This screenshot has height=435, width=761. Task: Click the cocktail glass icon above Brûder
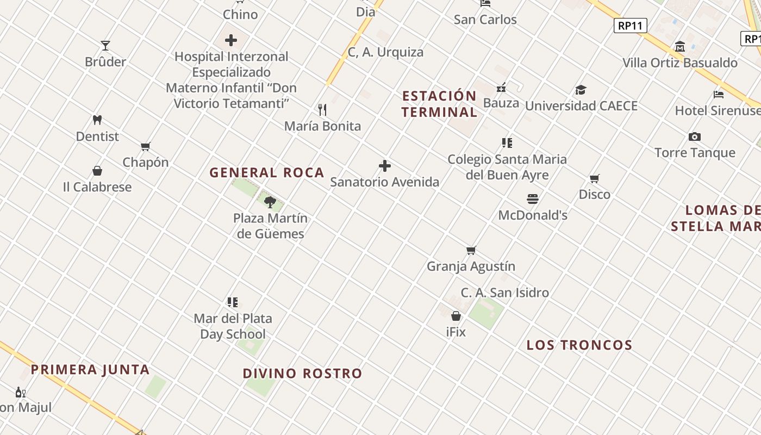(x=105, y=45)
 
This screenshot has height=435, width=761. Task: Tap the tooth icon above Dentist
(x=97, y=120)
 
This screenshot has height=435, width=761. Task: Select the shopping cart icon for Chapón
(x=145, y=146)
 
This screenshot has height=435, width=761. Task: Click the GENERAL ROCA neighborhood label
(x=267, y=173)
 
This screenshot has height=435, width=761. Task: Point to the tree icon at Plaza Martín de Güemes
(x=270, y=202)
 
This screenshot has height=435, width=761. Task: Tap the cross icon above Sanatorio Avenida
(x=385, y=166)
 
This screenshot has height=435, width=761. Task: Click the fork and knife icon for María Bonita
(x=322, y=110)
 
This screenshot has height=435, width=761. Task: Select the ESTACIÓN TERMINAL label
(x=439, y=104)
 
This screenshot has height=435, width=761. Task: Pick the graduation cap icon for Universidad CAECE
(x=581, y=90)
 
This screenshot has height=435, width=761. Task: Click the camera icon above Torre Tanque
(x=695, y=136)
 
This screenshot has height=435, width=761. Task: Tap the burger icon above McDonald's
(x=533, y=199)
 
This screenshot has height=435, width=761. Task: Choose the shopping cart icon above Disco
(x=595, y=178)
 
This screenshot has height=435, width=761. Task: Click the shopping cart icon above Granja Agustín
(x=471, y=250)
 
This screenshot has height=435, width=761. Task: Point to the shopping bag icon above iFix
(x=456, y=316)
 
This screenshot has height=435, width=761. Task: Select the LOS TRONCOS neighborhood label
(x=579, y=345)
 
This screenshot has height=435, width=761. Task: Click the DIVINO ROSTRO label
(x=302, y=374)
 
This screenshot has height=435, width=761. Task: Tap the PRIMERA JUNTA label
(x=90, y=370)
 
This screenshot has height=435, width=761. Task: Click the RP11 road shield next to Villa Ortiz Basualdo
(x=631, y=26)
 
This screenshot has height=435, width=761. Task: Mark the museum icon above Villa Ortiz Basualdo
(x=679, y=46)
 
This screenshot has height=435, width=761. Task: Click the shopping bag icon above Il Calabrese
(x=97, y=171)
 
